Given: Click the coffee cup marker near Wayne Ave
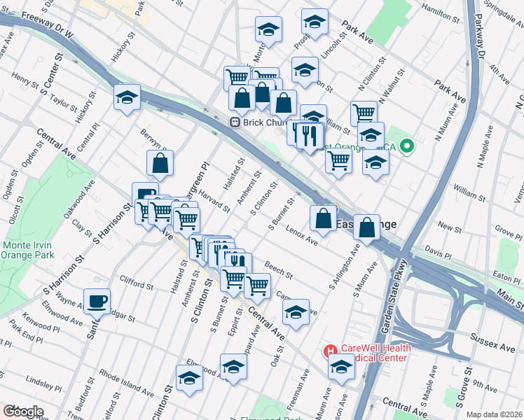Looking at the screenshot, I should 97,302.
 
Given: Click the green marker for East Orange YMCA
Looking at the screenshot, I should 408,146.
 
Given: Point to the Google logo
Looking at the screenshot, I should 22,412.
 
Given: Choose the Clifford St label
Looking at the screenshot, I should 136,284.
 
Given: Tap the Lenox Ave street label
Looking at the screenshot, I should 302,237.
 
